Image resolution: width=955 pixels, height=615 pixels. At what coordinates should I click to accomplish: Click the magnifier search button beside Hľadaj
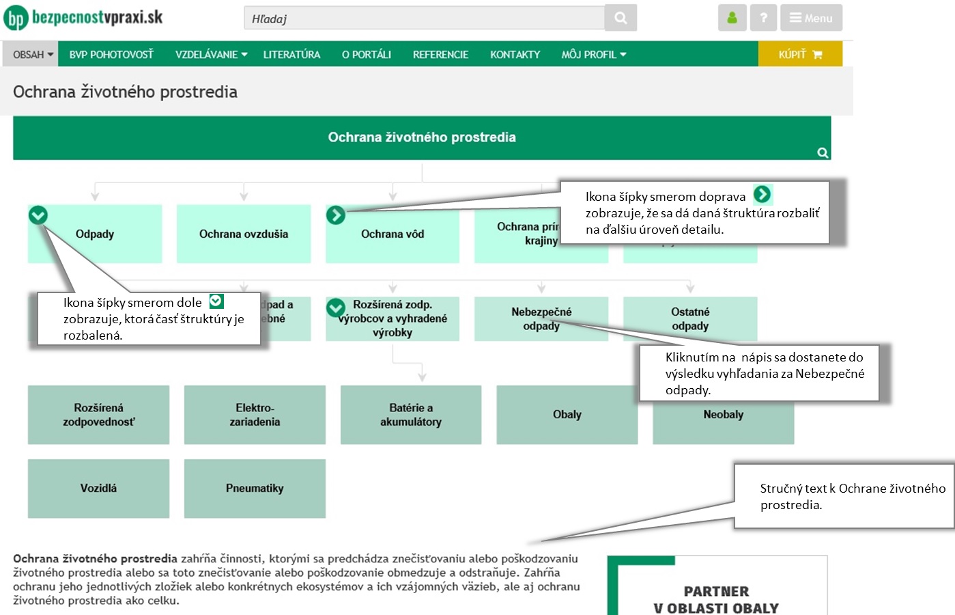[x=621, y=18]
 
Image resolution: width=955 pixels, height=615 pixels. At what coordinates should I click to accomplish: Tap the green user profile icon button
[x=732, y=18]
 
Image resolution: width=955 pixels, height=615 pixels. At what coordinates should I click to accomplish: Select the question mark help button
[x=763, y=18]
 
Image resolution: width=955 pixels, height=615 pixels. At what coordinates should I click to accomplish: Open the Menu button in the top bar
[x=811, y=18]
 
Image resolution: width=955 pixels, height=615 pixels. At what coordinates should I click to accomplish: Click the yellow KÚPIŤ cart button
[x=800, y=54]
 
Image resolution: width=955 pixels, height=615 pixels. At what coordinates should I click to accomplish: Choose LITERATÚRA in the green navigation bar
[x=291, y=55]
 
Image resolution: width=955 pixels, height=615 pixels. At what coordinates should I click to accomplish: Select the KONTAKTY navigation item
[x=515, y=55]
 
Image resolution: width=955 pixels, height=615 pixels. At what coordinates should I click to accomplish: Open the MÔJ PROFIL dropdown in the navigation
[x=593, y=55]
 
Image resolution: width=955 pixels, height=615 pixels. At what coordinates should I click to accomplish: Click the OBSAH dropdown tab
[x=33, y=55]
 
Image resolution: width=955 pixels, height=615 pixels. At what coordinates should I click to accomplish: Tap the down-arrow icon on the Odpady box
[x=38, y=215]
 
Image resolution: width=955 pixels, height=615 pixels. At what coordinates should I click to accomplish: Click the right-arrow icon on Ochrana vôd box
[x=336, y=215]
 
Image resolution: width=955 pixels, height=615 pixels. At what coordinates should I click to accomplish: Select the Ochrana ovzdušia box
[x=244, y=234]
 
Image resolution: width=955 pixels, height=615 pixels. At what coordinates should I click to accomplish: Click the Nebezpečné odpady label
[x=541, y=318]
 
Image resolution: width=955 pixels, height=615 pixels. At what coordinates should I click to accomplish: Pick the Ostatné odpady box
[x=690, y=318]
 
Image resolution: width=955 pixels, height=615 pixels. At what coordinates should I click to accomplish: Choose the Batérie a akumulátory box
[x=411, y=415]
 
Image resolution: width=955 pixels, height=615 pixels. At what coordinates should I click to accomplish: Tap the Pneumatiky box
[x=255, y=488]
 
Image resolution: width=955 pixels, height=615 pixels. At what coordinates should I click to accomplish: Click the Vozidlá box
[x=98, y=488]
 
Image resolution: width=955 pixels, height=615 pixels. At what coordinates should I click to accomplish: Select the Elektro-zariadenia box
[x=255, y=415]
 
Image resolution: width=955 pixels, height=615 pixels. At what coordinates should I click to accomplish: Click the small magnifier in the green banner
[x=823, y=153]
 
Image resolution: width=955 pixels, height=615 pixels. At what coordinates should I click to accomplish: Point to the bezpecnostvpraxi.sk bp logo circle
[x=15, y=18]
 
